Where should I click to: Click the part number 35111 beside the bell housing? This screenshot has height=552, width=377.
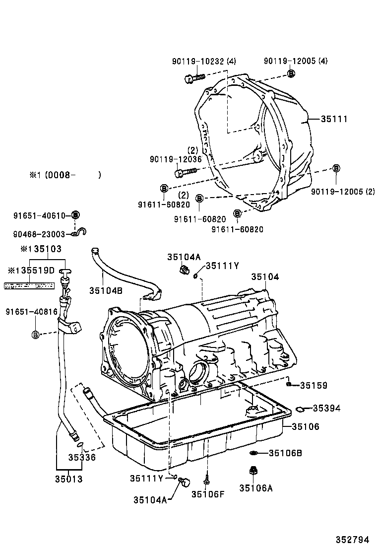tap(334, 119)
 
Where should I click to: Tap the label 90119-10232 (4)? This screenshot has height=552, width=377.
tap(204, 61)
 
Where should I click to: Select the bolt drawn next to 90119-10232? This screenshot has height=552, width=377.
tap(194, 78)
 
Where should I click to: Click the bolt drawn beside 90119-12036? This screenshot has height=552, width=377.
tap(186, 173)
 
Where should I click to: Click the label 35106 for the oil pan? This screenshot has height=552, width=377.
tap(305, 426)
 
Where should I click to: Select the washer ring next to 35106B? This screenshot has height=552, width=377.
tap(253, 453)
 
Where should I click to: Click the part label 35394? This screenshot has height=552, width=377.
tap(326, 408)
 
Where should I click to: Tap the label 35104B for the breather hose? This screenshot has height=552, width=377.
tap(106, 290)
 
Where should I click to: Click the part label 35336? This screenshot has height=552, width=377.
tap(82, 457)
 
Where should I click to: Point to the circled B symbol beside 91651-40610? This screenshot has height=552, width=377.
tap(75, 215)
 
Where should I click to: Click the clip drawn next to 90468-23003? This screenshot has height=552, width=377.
tap(77, 232)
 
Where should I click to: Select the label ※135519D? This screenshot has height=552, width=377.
tap(31, 271)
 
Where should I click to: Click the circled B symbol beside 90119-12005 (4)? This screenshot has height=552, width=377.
tap(291, 74)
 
